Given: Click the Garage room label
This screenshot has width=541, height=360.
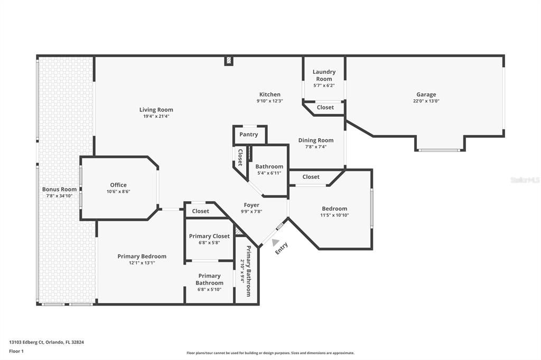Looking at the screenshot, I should pos(426,94).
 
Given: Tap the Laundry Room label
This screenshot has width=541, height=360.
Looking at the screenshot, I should pos(324,75).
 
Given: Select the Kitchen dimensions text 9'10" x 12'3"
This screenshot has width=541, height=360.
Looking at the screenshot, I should pos(270,101).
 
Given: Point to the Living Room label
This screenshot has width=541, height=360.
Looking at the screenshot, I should pos(156,110).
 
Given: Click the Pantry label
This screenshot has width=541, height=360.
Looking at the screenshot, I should pos(248,135).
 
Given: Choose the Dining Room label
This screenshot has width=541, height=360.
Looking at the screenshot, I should pos(316,140).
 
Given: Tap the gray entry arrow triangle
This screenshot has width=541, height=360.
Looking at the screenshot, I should pos(276,242).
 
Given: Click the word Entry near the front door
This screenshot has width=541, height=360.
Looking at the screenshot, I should pos(282,248).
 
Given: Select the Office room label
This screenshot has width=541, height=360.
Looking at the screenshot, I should pos(118,185).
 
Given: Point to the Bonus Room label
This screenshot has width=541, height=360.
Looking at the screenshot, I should pos(59,189).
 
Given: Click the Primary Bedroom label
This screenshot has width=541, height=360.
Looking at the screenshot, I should pos(142,257).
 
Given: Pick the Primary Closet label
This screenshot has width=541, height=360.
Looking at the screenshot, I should pos(210,236).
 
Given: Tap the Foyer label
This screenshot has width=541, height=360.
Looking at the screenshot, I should pos(251,205).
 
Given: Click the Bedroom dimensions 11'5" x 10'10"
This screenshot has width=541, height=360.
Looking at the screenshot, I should pos(334,215).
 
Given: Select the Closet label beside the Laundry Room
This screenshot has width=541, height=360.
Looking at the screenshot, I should pos(325,107).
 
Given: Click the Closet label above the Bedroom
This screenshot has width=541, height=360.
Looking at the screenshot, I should pos(311,177).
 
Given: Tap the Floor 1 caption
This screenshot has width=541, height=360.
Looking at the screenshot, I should pos(17,351).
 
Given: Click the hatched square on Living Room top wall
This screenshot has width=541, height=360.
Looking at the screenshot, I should pos(228,61).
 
